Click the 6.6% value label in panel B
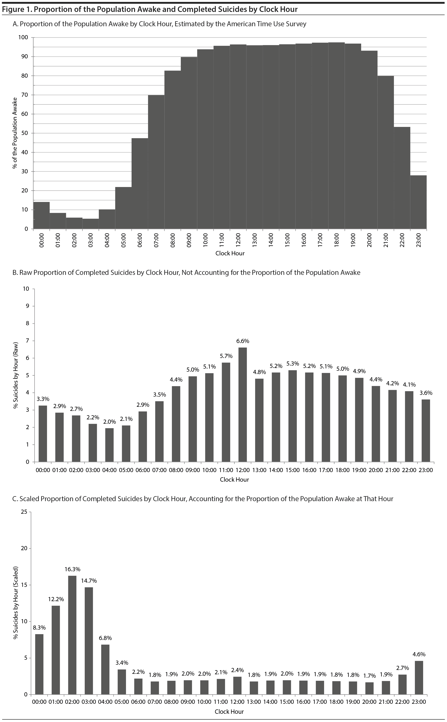click(x=243, y=341)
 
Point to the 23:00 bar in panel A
click(x=418, y=202)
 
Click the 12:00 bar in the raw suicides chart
click(x=243, y=405)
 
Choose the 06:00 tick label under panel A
click(x=140, y=240)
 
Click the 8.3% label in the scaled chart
click(x=39, y=627)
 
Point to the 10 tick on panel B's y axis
click(x=26, y=289)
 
